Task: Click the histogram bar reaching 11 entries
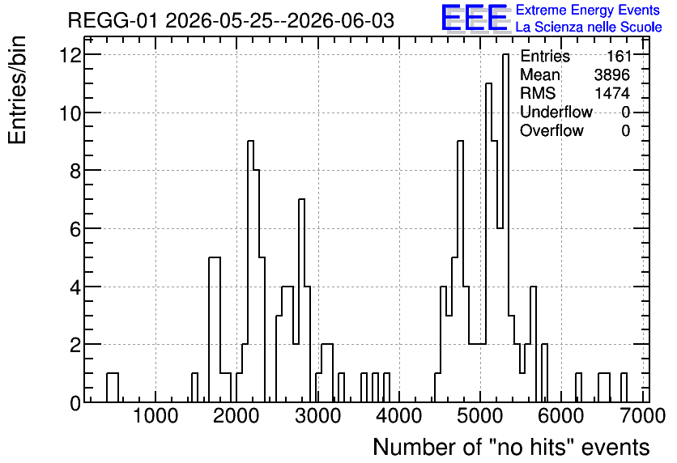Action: coord(488,243)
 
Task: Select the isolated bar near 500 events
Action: coord(113,388)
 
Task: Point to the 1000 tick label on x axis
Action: coord(155,416)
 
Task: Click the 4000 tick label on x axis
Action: coord(399,416)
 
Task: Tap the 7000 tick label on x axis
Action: coord(643,416)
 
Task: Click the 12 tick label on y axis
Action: coord(70,55)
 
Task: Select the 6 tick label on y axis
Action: coord(75,229)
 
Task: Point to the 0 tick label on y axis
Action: coord(75,403)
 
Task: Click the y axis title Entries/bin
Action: coord(17,91)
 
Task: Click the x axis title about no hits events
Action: coord(511,447)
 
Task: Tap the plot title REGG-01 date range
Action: coord(231,20)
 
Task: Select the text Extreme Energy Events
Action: coord(588,10)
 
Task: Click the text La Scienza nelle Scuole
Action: coord(589,28)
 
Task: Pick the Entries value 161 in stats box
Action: coord(619,56)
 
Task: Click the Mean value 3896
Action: coord(611,74)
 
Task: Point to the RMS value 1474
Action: coord(611,93)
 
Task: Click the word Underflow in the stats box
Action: coord(556,112)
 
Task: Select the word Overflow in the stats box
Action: coord(551,130)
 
